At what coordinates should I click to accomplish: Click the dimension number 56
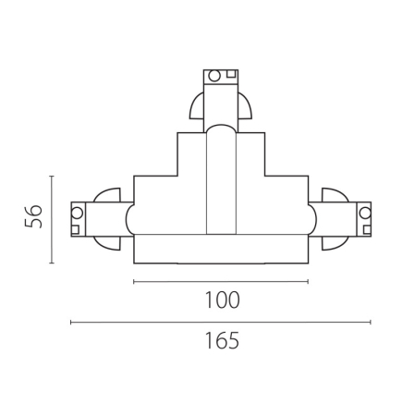pos(33,218)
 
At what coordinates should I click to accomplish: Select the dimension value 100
pos(221,300)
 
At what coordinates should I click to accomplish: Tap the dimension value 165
pos(221,340)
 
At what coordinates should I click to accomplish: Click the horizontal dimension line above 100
pos(221,280)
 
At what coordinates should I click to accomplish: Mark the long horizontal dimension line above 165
pos(221,322)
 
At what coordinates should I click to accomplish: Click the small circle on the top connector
pos(212,76)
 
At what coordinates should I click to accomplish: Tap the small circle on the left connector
pos(77,211)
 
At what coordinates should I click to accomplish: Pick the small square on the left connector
pos(77,227)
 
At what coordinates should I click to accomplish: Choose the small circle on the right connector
pos(366,211)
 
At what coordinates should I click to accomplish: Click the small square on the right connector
pos(366,227)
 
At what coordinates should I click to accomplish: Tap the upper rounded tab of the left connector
pos(106,195)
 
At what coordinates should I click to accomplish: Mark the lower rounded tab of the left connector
pos(106,242)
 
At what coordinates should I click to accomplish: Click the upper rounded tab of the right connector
pos(336,195)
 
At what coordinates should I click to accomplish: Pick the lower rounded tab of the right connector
pos(336,242)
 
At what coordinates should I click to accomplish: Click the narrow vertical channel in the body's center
pos(221,185)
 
